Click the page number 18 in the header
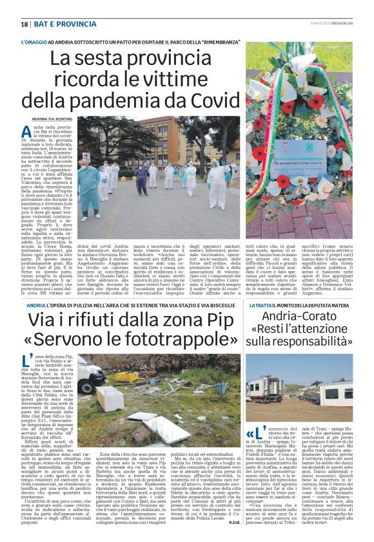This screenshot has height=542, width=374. [x=25, y=24]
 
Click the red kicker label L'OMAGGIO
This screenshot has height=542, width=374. [x=34, y=41]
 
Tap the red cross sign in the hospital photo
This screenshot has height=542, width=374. [x=86, y=156]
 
